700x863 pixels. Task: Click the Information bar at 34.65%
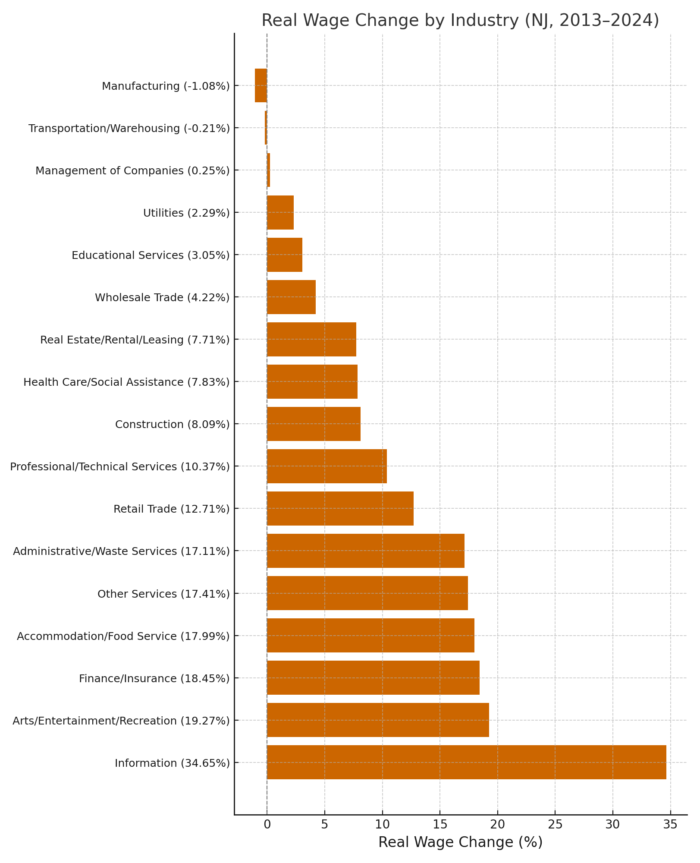click(x=466, y=762)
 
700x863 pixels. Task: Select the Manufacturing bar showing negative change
click(x=261, y=85)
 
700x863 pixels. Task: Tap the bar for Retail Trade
click(x=340, y=508)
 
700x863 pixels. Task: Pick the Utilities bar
click(x=280, y=212)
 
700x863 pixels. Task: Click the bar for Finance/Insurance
click(x=373, y=678)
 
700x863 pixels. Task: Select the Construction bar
click(x=314, y=424)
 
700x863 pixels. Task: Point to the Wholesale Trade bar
click(x=291, y=297)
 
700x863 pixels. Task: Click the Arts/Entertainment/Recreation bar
click(x=378, y=720)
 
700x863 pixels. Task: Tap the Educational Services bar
click(x=285, y=255)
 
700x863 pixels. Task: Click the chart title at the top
click(x=460, y=21)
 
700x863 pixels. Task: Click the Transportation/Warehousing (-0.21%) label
click(x=129, y=128)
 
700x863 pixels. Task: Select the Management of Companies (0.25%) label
click(x=132, y=170)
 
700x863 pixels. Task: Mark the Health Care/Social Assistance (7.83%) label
click(x=126, y=382)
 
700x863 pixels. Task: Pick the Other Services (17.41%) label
click(x=163, y=594)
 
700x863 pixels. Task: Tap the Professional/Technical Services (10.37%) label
click(x=120, y=466)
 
